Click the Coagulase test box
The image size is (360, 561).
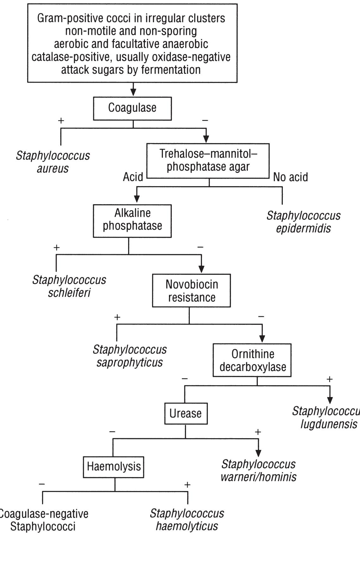(x=132, y=108)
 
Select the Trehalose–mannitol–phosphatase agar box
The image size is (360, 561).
(x=208, y=161)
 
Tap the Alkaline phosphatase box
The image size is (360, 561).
(x=132, y=221)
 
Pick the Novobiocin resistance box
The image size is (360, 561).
(x=191, y=290)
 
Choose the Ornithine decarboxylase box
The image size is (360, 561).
(x=252, y=360)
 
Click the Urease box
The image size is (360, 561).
(x=186, y=413)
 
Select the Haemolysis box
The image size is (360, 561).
(x=114, y=467)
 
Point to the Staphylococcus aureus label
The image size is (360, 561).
(x=53, y=162)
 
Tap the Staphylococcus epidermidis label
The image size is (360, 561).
(x=303, y=222)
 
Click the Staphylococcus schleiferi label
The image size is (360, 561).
(x=69, y=286)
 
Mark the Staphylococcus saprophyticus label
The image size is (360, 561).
(x=129, y=356)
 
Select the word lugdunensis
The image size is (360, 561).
(x=329, y=424)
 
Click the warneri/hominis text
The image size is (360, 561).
(x=258, y=477)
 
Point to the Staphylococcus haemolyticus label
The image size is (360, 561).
(x=187, y=519)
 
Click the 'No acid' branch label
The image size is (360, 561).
(x=290, y=177)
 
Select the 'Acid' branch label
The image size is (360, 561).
(x=133, y=177)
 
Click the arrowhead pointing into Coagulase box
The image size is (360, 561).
(x=133, y=92)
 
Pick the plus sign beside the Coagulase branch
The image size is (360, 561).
(x=61, y=120)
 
